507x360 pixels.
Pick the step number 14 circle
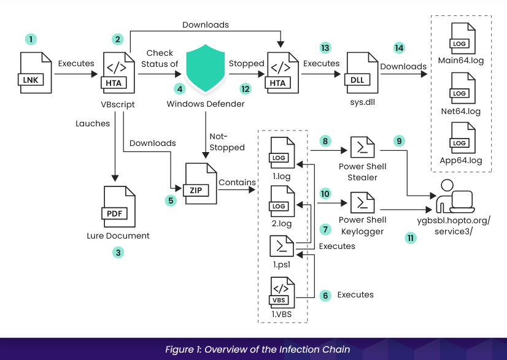coord(399,48)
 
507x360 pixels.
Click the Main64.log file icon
coord(461,39)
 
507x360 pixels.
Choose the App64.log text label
coord(461,161)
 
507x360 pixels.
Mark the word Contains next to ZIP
coord(238,182)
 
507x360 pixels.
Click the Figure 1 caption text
coord(257,349)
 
